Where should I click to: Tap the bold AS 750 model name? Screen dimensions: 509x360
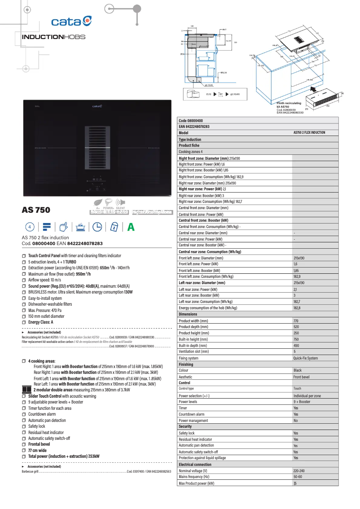[36, 210]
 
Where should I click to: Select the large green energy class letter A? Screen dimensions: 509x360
[131, 227]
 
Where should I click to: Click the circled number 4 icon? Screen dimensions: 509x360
[29, 227]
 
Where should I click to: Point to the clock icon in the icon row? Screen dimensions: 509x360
[97, 227]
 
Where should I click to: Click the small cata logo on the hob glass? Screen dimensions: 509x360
[97, 106]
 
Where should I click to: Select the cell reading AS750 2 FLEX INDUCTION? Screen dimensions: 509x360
[309, 133]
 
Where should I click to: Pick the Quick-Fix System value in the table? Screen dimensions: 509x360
[305, 358]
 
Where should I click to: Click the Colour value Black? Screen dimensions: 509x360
[298, 371]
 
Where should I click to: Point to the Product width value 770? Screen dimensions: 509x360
[296, 321]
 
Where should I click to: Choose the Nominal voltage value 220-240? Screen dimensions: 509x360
[299, 471]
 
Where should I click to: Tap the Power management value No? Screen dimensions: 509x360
[295, 421]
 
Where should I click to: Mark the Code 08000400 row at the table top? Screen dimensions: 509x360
[191, 121]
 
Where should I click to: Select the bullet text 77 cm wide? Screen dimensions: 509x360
[37, 450]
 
